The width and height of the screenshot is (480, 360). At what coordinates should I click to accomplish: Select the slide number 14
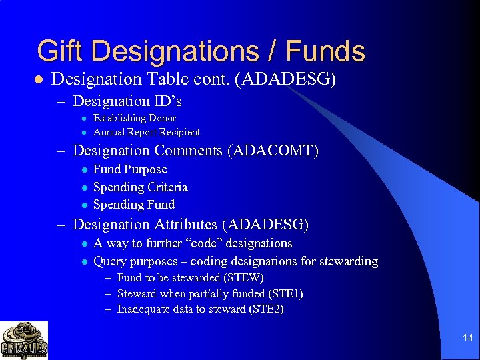pyautogui.click(x=467, y=338)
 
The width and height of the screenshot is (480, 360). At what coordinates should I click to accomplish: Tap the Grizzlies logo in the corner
pyautogui.click(x=24, y=340)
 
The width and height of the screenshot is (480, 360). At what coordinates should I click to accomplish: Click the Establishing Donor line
pyautogui.click(x=135, y=118)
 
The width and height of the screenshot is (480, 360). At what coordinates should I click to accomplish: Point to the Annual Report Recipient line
pyautogui.click(x=147, y=132)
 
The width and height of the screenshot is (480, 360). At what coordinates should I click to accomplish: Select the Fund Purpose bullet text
pyautogui.click(x=130, y=169)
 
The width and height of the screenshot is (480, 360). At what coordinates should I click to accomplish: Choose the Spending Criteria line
pyautogui.click(x=140, y=187)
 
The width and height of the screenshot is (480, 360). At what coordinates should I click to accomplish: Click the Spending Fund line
pyautogui.click(x=134, y=205)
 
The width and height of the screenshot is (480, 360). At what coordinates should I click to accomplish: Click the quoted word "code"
pyautogui.click(x=207, y=243)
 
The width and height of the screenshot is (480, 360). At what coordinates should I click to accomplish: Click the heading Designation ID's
pyautogui.click(x=127, y=101)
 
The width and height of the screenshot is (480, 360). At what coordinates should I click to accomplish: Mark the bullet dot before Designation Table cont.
pyautogui.click(x=39, y=79)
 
